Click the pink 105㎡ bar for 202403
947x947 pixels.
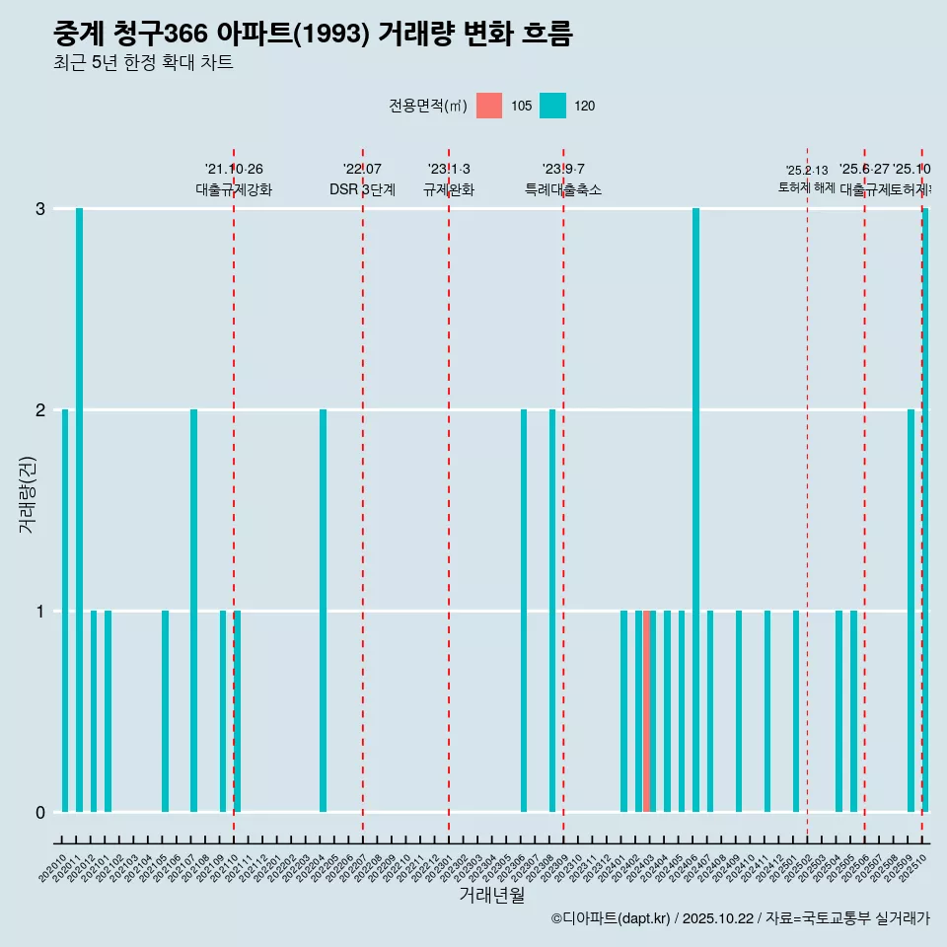[647, 710]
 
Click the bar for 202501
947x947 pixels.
[796, 710]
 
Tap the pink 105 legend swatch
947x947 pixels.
[489, 106]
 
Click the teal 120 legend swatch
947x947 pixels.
[552, 106]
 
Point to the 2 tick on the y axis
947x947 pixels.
[40, 409]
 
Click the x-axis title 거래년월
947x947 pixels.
[491, 895]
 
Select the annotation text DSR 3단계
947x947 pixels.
[362, 190]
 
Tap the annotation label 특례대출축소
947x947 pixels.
[562, 190]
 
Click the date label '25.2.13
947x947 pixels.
[807, 171]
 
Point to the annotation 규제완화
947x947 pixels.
[449, 190]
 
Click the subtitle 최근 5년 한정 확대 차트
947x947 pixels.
[143, 63]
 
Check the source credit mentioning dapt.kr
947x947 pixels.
[740, 918]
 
